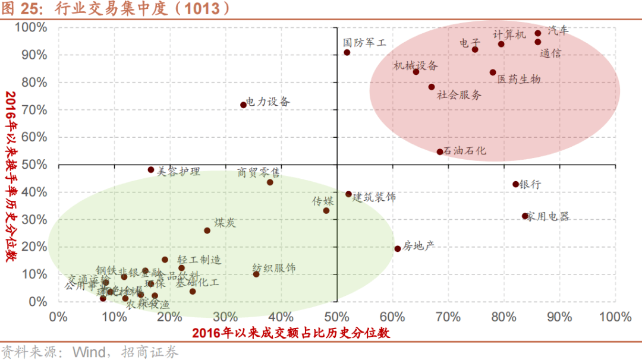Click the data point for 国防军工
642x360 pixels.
click(347, 52)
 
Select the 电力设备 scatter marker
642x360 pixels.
click(243, 105)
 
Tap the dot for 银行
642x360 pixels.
click(515, 184)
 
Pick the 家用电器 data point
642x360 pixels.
click(525, 216)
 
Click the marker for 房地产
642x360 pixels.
click(398, 248)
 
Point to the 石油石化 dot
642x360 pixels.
click(440, 151)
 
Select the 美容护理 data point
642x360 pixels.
click(151, 169)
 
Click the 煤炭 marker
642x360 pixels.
click(207, 230)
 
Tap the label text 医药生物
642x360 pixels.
click(519, 79)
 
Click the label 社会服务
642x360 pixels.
click(460, 94)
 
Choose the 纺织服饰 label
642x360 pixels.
click(274, 268)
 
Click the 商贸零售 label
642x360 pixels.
click(259, 172)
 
